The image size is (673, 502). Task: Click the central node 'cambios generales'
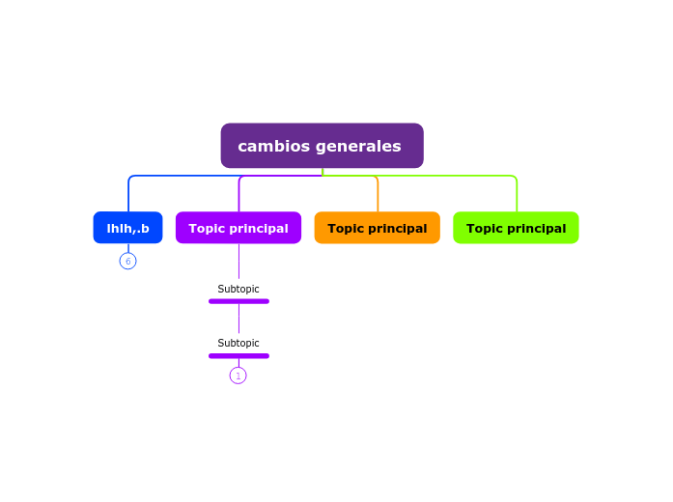(x=322, y=146)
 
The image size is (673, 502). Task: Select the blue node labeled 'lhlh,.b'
(x=127, y=228)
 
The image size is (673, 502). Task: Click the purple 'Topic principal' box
(x=238, y=228)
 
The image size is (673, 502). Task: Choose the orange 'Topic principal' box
(x=377, y=228)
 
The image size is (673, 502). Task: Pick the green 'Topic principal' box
(x=516, y=228)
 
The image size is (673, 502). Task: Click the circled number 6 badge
(x=127, y=261)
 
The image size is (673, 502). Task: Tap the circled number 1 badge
(x=238, y=376)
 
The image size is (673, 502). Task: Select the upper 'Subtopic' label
(x=238, y=289)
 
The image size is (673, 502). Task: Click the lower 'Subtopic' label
(x=238, y=343)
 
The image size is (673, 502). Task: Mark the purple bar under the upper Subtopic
(x=238, y=301)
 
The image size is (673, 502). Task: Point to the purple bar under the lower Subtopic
(x=238, y=355)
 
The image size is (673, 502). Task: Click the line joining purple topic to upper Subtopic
(x=238, y=262)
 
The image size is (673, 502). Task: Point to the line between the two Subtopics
(x=238, y=320)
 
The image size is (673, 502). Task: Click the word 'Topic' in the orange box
(x=346, y=228)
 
